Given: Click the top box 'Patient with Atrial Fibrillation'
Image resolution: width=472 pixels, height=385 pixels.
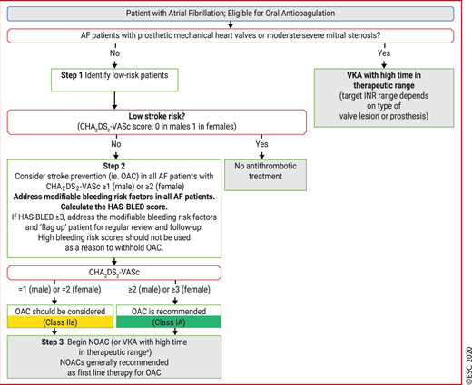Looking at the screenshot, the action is [231, 14].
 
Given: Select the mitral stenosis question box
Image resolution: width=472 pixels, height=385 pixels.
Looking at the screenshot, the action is [231, 36].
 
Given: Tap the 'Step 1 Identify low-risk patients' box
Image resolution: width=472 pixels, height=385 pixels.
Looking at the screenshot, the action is [114, 80].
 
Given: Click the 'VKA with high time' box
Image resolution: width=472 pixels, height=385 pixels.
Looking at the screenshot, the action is [384, 98].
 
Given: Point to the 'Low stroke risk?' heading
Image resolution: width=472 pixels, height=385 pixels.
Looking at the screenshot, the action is [157, 116].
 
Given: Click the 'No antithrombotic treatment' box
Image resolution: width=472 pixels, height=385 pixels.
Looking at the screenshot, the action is [265, 175].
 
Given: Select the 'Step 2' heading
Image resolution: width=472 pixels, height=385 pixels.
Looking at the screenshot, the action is [114, 166].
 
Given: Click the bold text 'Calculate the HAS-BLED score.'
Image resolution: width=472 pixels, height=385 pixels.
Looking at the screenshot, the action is [114, 207].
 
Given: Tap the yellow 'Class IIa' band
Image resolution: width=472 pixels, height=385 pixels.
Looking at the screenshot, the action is [60, 322].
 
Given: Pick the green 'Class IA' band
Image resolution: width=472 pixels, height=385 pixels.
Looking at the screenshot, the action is [169, 322].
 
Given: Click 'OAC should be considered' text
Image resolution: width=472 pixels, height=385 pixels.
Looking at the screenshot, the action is [60, 312].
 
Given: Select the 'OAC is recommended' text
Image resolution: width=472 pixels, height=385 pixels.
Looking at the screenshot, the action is [169, 312].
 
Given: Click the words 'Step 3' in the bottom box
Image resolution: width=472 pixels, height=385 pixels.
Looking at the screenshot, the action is [53, 342].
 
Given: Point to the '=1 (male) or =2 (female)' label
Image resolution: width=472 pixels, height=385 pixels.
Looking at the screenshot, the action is [60, 290].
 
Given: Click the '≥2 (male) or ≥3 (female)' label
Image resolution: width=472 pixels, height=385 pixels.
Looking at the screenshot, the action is [169, 290].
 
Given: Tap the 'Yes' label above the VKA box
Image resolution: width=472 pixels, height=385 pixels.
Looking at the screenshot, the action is [384, 53].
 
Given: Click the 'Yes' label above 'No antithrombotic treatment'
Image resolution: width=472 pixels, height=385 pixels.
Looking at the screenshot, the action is [261, 144].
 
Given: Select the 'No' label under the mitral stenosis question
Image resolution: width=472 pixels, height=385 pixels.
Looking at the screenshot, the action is [114, 53].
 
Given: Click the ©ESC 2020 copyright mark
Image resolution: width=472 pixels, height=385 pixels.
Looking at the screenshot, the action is [468, 366].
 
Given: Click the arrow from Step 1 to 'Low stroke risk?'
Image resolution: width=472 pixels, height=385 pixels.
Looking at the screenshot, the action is [114, 101].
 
